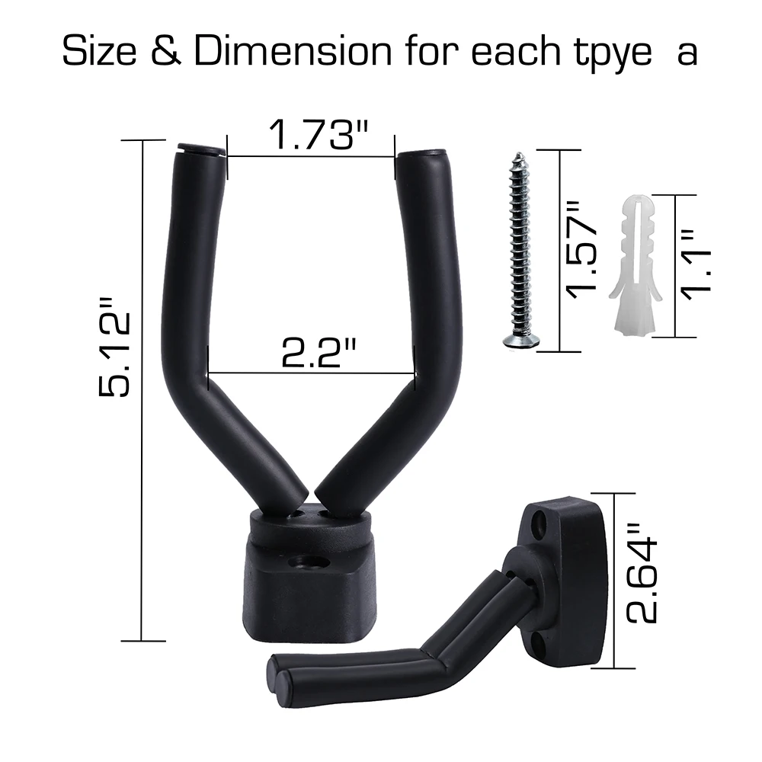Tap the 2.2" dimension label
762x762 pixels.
(319, 353)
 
